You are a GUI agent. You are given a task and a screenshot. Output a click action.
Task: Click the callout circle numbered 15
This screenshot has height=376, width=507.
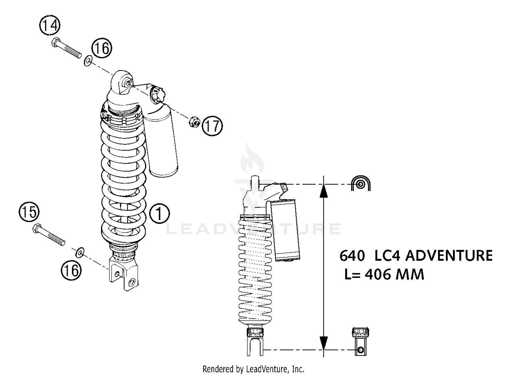[29, 212]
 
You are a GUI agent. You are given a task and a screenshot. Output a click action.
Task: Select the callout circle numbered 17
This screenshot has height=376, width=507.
[212, 126]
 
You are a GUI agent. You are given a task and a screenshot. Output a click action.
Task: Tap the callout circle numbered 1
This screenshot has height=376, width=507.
[159, 213]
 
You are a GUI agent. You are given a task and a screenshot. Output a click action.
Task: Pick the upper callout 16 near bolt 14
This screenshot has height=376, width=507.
[101, 48]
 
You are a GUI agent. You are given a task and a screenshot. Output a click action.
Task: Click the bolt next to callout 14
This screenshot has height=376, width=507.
[67, 49]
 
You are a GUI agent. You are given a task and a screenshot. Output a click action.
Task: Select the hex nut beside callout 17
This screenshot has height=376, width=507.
[194, 122]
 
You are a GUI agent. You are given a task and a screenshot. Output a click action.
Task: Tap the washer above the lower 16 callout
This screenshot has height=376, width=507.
[80, 252]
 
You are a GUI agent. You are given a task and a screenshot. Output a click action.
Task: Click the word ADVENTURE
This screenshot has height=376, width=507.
[449, 256]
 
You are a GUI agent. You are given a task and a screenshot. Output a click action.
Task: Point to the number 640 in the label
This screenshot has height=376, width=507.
[352, 256]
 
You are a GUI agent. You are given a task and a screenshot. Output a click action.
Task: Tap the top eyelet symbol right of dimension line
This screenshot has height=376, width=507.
[361, 184]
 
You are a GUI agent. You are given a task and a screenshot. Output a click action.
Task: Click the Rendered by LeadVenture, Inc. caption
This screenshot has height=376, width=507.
[253, 369]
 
